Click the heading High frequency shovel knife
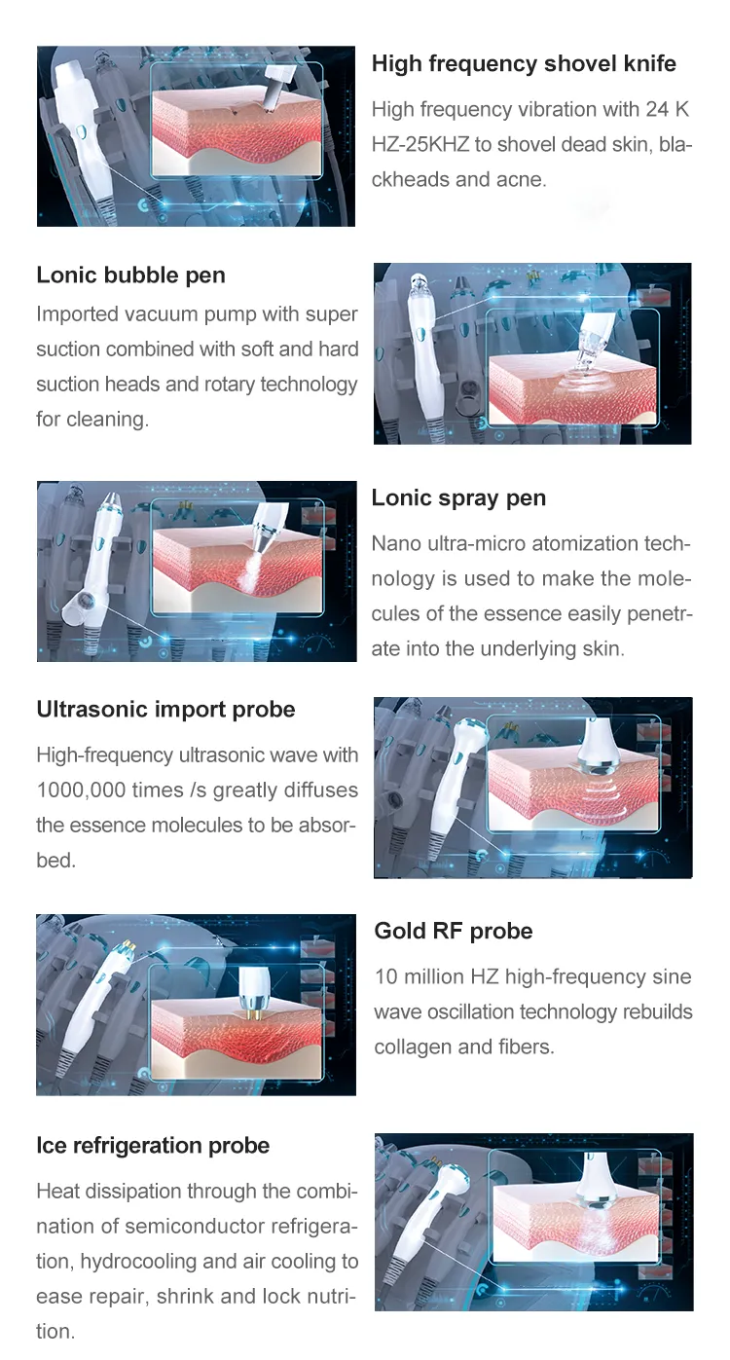point(524,64)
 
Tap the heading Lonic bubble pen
point(130,276)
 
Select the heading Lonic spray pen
point(458,498)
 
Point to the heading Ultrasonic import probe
point(165,710)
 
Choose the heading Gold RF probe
point(454,932)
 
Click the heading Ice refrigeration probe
point(153,1146)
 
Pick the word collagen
point(414,1048)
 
